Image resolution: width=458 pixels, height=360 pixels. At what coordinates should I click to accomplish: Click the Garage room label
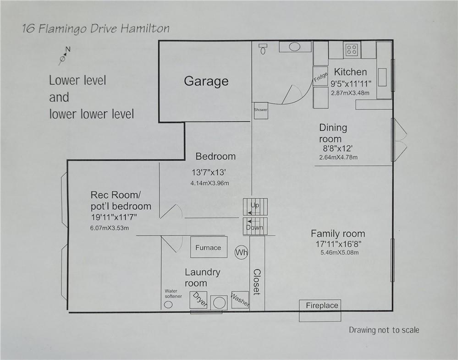[x=206, y=82]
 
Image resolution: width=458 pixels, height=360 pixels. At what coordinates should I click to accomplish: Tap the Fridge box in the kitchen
[x=320, y=76]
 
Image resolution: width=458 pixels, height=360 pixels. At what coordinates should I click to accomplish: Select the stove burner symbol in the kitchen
[x=352, y=49]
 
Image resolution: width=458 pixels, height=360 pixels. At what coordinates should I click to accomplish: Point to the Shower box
[x=261, y=110]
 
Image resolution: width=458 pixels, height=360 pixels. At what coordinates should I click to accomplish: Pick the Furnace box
[x=208, y=248]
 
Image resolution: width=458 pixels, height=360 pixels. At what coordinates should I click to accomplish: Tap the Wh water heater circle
[x=241, y=252]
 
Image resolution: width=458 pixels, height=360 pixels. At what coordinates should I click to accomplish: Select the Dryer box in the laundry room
[x=199, y=300]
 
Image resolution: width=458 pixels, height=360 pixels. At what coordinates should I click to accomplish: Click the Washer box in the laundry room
[x=240, y=300]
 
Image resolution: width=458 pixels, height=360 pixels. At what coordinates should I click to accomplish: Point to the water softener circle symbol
[x=168, y=305]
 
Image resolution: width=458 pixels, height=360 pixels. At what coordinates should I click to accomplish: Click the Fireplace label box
[x=322, y=305]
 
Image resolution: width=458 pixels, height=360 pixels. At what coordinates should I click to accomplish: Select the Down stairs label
[x=254, y=227]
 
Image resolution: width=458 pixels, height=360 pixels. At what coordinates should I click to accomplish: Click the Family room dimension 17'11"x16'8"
[x=338, y=244]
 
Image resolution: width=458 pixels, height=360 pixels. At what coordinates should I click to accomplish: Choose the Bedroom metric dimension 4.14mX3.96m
[x=210, y=183]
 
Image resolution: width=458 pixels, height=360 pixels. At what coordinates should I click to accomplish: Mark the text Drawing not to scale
[x=384, y=330]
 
